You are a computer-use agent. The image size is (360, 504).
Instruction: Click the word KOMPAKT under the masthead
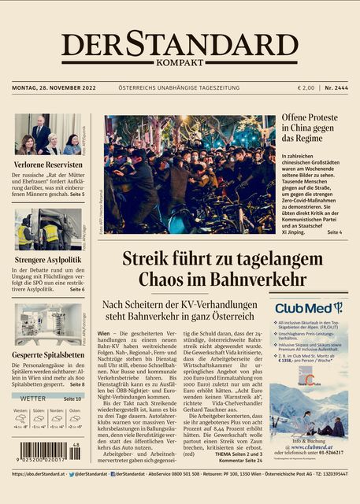pos(180,62)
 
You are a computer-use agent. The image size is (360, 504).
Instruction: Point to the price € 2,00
pos(306,87)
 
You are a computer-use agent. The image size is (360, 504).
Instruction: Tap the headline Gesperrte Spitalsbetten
pos(49,354)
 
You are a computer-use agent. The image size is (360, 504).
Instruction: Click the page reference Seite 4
pos(335,233)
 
